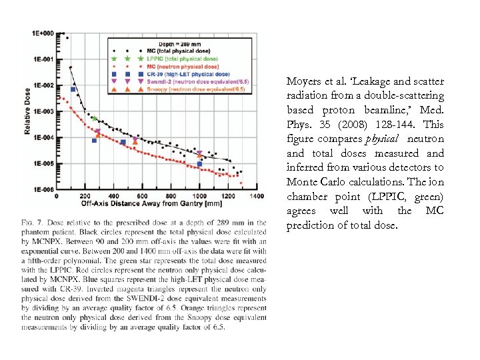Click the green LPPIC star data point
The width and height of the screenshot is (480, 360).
[95, 119]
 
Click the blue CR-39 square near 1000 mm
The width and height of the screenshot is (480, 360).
[200, 164]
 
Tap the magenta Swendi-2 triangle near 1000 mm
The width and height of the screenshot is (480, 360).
[199, 153]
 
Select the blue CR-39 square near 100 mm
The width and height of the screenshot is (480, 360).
[73, 89]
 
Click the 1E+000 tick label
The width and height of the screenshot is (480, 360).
[43, 33]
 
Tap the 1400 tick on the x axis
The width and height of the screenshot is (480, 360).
[256, 196]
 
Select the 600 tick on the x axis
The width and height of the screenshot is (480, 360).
[142, 196]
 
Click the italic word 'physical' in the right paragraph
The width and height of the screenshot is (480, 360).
[383, 139]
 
